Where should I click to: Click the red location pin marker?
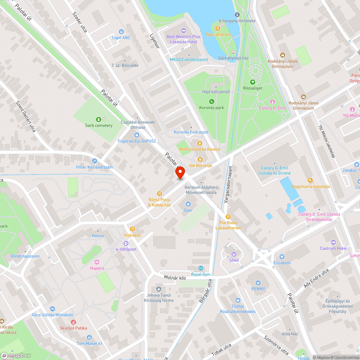pos(180,173)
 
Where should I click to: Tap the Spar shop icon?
pos(188,204)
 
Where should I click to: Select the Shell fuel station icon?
pos(234,254)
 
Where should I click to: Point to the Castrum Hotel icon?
pos(333,242)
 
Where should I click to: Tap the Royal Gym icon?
pos(201,268)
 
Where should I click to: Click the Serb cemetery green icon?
pos(98,120)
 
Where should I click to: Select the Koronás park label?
pos(212,107)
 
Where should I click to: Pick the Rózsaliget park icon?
pos(252,82)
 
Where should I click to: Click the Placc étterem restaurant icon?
pos(217,28)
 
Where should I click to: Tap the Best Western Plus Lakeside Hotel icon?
pos(183,31)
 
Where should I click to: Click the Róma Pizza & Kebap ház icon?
pos(159,194)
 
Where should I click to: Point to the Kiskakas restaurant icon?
pos(132,229)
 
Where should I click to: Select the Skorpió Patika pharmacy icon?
pos(73,322)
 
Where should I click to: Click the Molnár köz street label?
pos(175,278)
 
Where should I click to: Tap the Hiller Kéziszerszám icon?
pos(95,161)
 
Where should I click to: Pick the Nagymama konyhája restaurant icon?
pos(310,180)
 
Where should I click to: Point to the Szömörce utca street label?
pos(276,344)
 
